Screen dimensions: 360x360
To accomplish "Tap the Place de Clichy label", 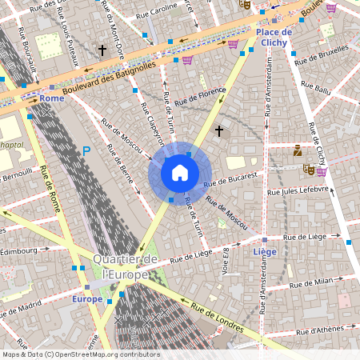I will click(x=274, y=37).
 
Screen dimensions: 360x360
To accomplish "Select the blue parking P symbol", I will click(x=86, y=150).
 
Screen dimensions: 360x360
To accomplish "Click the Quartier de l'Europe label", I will click(x=126, y=267).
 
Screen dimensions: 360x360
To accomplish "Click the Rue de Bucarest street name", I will click(x=231, y=179).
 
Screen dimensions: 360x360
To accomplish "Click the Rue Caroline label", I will click(x=157, y=14).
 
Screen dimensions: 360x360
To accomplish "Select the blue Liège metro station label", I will click(x=264, y=251).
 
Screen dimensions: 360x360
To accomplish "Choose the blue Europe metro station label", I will click(x=87, y=299).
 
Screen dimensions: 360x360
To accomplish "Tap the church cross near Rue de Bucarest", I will click(x=218, y=130).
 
